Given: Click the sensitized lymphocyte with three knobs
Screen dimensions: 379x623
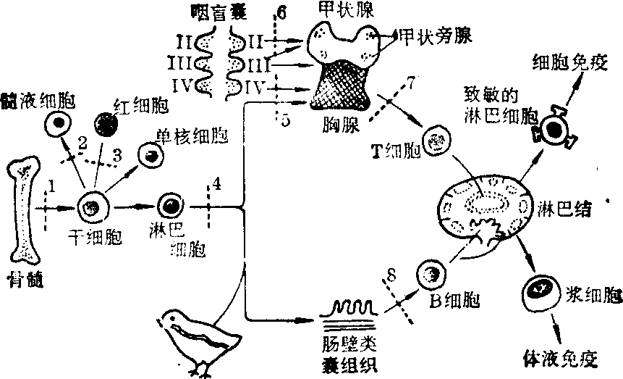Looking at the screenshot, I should (554, 130).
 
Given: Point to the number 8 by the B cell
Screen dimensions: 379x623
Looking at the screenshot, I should (391, 276).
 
